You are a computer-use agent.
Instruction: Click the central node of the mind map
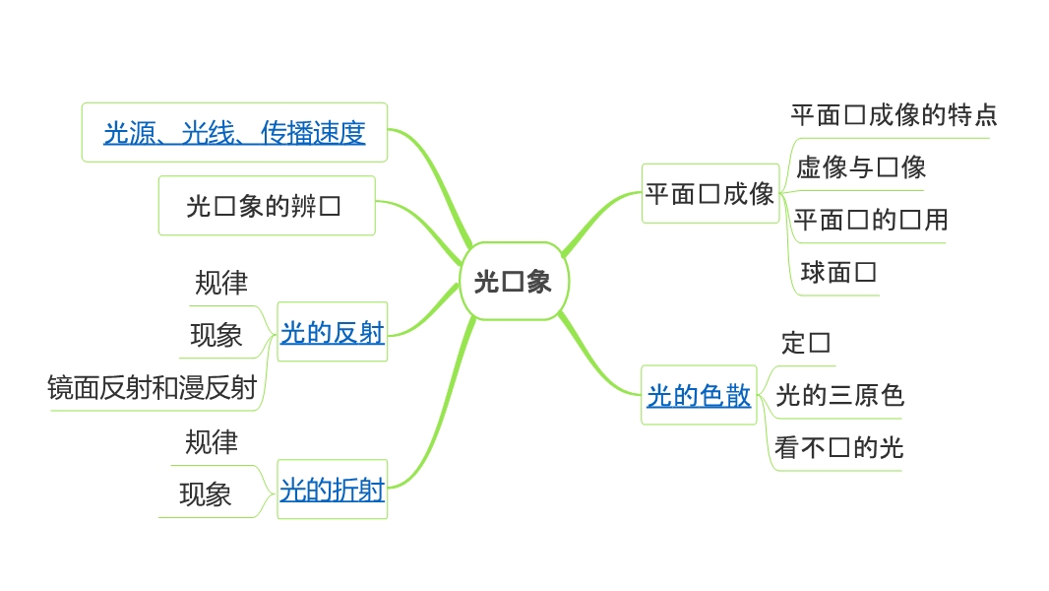[x=512, y=282]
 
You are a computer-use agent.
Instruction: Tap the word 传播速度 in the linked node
[x=313, y=133]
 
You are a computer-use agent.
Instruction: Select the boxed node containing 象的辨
[x=266, y=206]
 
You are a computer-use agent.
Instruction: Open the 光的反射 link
[x=332, y=333]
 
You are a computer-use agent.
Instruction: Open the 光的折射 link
[x=332, y=489]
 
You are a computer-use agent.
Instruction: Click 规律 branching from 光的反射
[x=221, y=284]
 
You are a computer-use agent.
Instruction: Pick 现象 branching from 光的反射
[x=216, y=336]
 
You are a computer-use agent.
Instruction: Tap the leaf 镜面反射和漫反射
[x=152, y=388]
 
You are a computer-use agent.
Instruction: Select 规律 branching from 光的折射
[x=212, y=442]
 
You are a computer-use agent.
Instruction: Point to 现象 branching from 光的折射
[x=206, y=494]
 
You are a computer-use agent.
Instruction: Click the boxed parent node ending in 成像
[x=710, y=194]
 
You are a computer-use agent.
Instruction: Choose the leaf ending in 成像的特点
[x=894, y=115]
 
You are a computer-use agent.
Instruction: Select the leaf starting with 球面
[x=838, y=272]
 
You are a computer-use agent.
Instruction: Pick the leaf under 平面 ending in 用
[x=871, y=220]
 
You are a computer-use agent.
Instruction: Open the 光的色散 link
[x=699, y=396]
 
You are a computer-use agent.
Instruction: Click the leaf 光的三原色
[x=839, y=396]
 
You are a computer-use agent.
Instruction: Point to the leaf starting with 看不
[x=838, y=448]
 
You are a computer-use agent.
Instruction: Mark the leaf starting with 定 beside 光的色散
[x=806, y=343]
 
